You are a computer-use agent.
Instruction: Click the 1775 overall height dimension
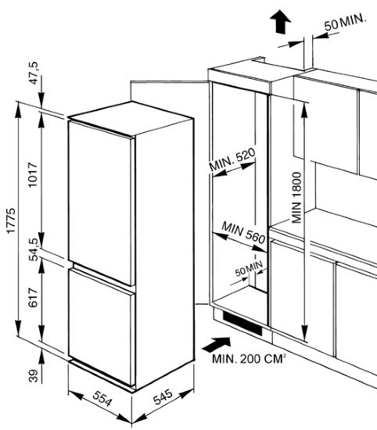(x=11, y=220)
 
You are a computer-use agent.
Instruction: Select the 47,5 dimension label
(x=34, y=73)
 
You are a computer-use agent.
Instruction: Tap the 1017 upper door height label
(x=33, y=175)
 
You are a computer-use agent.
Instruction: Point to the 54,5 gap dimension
(x=34, y=249)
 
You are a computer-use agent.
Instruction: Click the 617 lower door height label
(x=33, y=298)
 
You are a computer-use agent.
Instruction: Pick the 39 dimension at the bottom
(x=33, y=376)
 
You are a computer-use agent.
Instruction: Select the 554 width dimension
(x=102, y=399)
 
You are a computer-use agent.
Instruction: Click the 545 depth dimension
(x=163, y=397)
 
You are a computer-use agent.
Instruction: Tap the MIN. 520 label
(x=232, y=159)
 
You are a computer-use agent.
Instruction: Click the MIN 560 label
(x=243, y=232)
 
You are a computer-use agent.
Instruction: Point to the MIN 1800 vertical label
(x=297, y=198)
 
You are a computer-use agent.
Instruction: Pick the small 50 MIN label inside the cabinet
(x=250, y=268)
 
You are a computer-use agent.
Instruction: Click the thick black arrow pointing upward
(x=280, y=22)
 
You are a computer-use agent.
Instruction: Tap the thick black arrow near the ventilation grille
(x=217, y=344)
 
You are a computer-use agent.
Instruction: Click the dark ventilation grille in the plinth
(x=242, y=324)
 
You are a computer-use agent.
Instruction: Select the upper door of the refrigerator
(x=101, y=203)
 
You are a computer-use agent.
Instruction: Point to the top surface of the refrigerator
(x=131, y=118)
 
